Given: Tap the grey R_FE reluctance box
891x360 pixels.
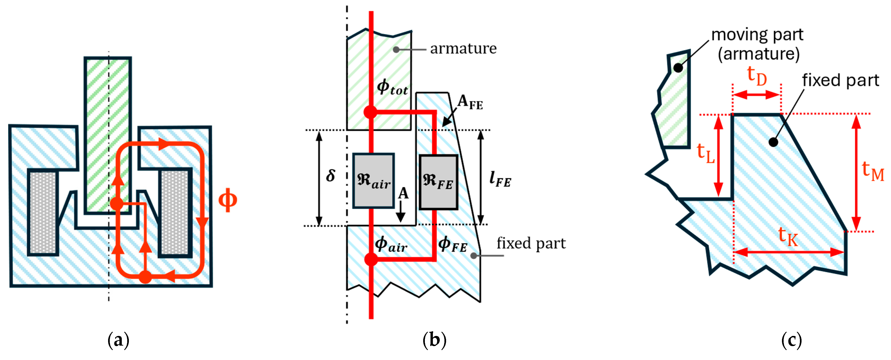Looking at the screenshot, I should tap(438, 182).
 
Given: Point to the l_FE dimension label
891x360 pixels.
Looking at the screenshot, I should tap(500, 179).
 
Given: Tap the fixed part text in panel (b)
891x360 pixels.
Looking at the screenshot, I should tap(531, 243).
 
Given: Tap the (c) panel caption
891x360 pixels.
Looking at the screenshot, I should tap(791, 340).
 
